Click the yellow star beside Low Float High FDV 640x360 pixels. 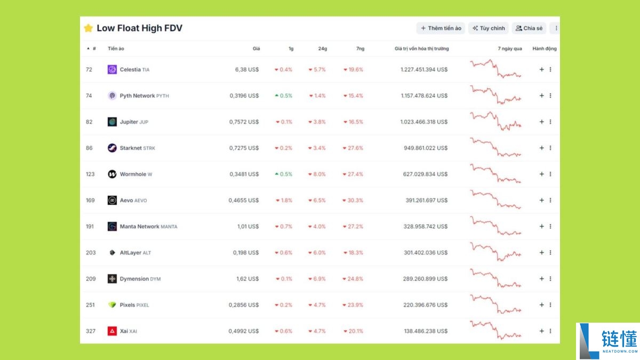(89, 28)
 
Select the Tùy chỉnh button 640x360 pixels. (488, 28)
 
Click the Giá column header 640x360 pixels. (256, 49)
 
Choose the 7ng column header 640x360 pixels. (360, 49)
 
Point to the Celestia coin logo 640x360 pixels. (112, 69)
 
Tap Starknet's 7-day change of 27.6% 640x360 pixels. (354, 148)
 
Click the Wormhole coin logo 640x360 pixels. (112, 174)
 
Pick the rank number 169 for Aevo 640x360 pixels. (90, 201)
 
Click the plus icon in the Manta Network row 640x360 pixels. (541, 226)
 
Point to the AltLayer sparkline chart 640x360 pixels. (495, 252)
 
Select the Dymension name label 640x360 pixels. (134, 278)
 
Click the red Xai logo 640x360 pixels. (112, 331)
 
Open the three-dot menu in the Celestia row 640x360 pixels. (550, 69)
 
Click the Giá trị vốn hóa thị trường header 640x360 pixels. (421, 49)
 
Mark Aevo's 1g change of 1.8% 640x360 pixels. (284, 201)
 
